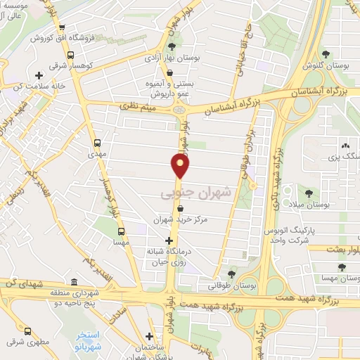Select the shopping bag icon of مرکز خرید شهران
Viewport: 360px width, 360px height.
pos(181,208)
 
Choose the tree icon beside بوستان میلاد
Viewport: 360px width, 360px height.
pos(308,192)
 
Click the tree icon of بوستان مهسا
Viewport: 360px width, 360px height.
pos(342,267)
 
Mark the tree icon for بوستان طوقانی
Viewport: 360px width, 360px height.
pos(232,274)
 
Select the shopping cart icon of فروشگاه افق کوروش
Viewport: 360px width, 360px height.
pos(33,39)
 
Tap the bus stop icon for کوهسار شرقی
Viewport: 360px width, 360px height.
pos(70,56)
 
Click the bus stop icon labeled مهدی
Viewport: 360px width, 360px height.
pos(97,140)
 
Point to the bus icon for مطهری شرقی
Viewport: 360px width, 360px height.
pos(27,330)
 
